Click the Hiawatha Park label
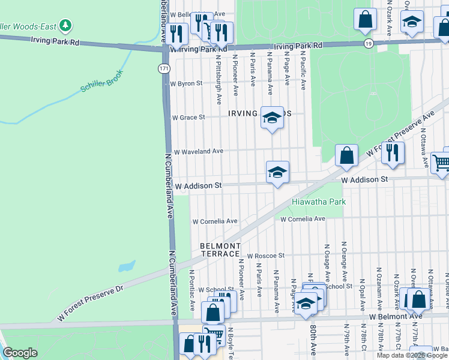319,202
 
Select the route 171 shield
164,68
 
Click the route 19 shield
368,44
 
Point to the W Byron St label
186,84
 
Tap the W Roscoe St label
265,255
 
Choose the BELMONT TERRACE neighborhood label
220,250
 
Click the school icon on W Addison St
277,173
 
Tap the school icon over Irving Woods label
271,116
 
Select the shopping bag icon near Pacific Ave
346,156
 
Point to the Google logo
19,353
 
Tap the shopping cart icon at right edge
441,162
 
